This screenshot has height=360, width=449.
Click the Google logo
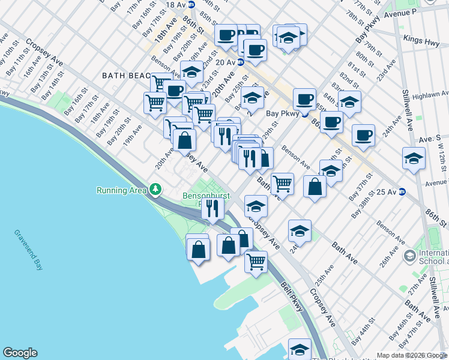point(20,353)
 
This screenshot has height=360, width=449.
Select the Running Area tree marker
point(155,190)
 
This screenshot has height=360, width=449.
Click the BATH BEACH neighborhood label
point(126,75)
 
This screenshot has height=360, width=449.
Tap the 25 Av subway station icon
point(402,191)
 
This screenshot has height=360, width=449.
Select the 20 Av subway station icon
point(240,62)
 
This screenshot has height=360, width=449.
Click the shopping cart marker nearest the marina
point(256,262)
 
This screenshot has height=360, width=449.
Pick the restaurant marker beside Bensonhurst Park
point(212,208)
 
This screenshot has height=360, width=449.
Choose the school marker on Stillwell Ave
point(414,158)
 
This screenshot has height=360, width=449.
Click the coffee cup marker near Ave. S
point(363,136)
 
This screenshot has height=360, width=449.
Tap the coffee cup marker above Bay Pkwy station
point(304,99)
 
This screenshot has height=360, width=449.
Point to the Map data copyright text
point(411,355)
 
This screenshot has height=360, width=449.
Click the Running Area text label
point(122,190)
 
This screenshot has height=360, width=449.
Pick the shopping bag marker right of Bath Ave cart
point(315,187)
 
